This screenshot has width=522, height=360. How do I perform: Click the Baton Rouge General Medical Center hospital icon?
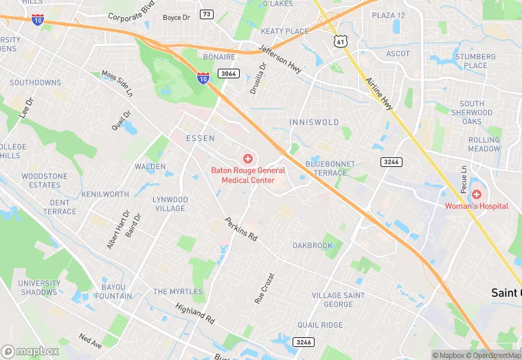click(x=248, y=159)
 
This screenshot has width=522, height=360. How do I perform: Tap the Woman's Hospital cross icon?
click(x=476, y=194)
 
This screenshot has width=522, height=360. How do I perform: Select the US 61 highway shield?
click(x=341, y=42)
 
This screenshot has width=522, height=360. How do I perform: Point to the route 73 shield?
click(x=207, y=14)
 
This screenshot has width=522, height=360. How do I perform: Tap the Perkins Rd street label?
click(x=241, y=229)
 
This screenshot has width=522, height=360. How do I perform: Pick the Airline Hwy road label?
click(x=379, y=93)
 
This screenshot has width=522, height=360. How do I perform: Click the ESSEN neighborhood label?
click(x=201, y=138)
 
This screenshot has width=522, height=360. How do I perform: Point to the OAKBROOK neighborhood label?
click(x=313, y=245)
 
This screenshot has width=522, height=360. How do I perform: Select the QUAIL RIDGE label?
click(x=320, y=325)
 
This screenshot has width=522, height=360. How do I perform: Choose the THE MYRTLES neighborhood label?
click(x=178, y=291)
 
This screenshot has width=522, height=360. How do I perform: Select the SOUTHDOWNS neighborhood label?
click(x=35, y=82)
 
